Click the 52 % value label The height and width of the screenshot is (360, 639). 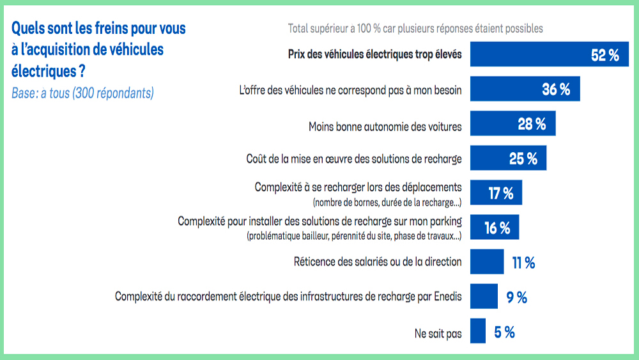(x=604, y=55)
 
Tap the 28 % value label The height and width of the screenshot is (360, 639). (x=532, y=125)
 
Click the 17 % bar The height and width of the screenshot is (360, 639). (x=496, y=193)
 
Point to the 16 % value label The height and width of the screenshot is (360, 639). (x=497, y=228)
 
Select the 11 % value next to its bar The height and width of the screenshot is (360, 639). (x=523, y=262)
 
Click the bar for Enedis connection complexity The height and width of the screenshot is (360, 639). (x=484, y=297)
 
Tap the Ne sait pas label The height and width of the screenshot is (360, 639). (x=438, y=333)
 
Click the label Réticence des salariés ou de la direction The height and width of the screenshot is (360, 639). (x=377, y=262)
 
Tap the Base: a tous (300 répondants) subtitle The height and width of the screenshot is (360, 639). (x=82, y=93)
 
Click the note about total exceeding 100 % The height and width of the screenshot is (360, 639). (x=415, y=28)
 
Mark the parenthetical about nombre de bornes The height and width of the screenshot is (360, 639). (x=387, y=202)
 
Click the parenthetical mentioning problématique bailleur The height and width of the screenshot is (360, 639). (x=354, y=237)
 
